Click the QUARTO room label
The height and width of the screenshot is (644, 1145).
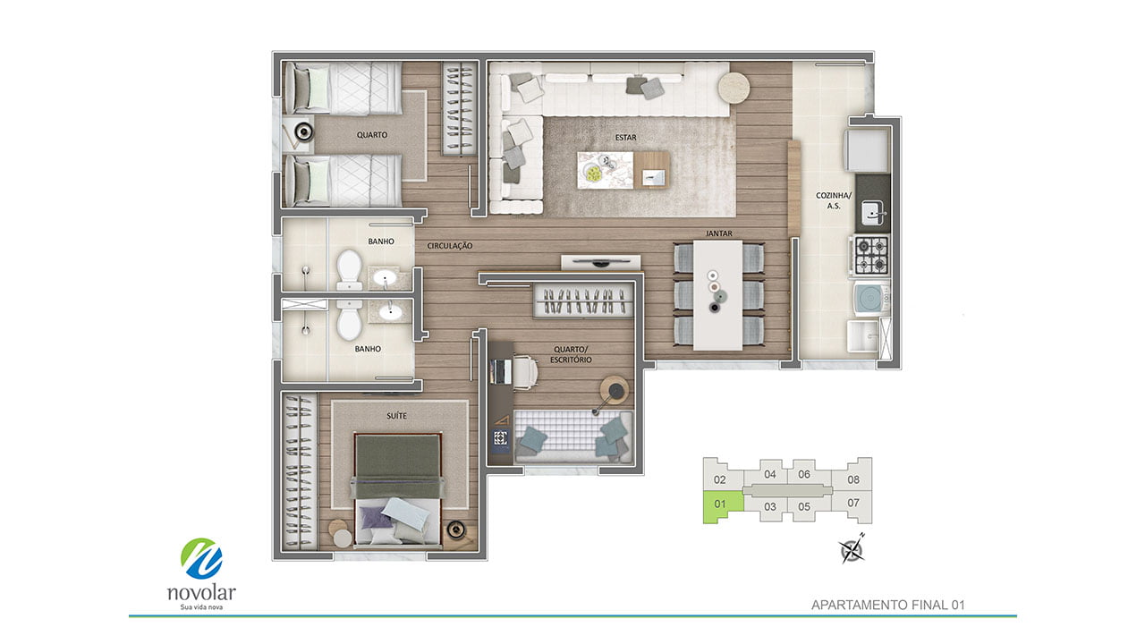coord(371,135)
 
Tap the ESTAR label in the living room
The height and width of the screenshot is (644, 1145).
coord(625,138)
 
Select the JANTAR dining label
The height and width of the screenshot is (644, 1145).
coord(718,233)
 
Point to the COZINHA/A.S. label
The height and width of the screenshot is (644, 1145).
coord(834,200)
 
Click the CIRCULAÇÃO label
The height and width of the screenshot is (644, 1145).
coord(450,246)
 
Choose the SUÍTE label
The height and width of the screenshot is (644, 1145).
coord(396,416)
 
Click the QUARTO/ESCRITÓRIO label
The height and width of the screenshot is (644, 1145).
coord(571,355)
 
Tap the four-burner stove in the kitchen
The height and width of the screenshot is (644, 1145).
coord(871,256)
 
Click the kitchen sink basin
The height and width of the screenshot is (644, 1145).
coord(872,213)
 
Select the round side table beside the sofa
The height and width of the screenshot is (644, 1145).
coord(734,88)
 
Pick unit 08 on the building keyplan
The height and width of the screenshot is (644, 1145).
coord(853,479)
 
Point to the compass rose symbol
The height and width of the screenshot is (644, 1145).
coord(852,549)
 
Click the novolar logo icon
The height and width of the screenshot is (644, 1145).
coord(201,559)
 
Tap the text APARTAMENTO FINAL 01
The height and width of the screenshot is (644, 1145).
coord(888,606)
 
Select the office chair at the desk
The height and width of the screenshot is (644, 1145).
coord(525,371)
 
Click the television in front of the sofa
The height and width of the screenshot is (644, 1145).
coord(600,262)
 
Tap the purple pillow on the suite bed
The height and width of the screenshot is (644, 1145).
coord(377,517)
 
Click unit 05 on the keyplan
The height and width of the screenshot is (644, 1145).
coord(804,506)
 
